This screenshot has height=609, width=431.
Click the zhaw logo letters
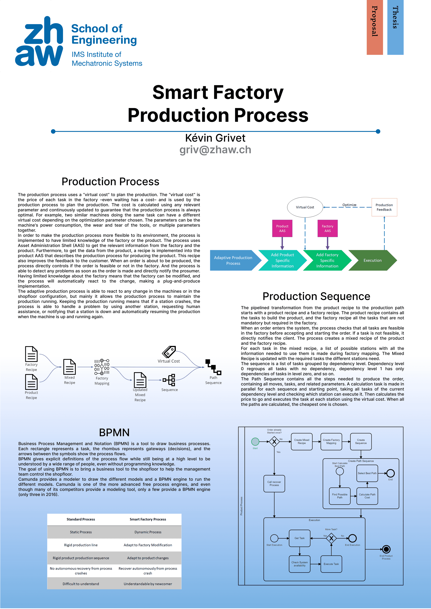[x=39, y=41]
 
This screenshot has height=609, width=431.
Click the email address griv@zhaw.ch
[x=215, y=150]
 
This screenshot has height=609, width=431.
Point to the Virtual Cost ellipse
[x=305, y=207]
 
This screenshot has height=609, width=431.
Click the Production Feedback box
[x=384, y=207]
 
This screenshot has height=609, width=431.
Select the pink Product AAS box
[x=282, y=228]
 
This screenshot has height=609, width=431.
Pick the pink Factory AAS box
[x=327, y=228]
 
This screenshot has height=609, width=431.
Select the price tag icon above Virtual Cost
[x=169, y=352]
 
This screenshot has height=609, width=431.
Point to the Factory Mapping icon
[x=102, y=367]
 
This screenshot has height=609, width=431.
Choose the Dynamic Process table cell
[x=148, y=532]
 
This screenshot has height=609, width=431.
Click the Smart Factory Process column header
[x=148, y=519]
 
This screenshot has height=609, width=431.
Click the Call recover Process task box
[x=274, y=484]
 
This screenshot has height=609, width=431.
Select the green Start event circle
[x=255, y=442]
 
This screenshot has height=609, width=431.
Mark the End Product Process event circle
[x=386, y=549]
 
